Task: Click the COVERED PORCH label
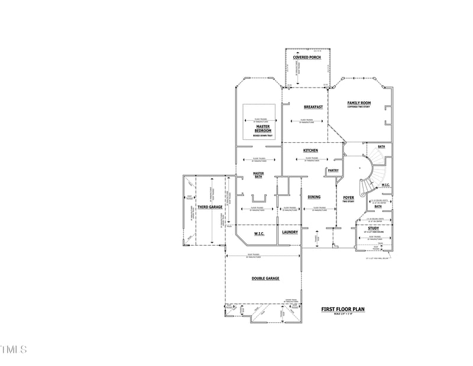[306, 57]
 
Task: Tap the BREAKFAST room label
[313, 107]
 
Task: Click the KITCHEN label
[310, 150]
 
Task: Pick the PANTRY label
[333, 171]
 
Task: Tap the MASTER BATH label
[258, 175]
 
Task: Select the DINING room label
[314, 197]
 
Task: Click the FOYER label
[348, 198]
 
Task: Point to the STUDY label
[372, 228]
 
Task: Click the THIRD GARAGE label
[210, 207]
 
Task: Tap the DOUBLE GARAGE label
[265, 278]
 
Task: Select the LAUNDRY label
[290, 233]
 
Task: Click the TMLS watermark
[14, 349]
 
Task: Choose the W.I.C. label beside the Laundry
[259, 233]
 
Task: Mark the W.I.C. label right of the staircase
[385, 185]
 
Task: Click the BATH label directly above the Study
[377, 207]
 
